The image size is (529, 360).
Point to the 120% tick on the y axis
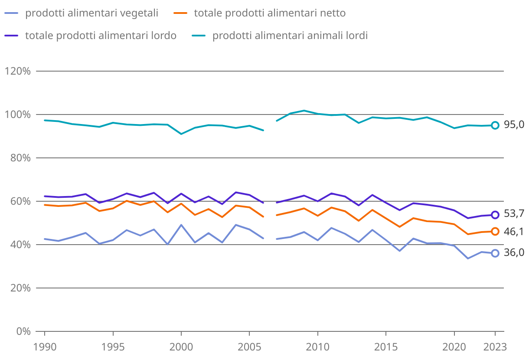tap(18, 71)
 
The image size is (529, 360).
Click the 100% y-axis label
tap(18, 115)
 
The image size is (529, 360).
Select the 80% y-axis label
tap(20, 158)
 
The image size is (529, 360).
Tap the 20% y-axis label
tap(20, 288)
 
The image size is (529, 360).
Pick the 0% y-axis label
tap(22, 331)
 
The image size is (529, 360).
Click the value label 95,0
tap(514, 125)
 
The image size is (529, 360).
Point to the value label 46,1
tap(514, 232)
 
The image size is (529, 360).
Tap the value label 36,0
tap(514, 253)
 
